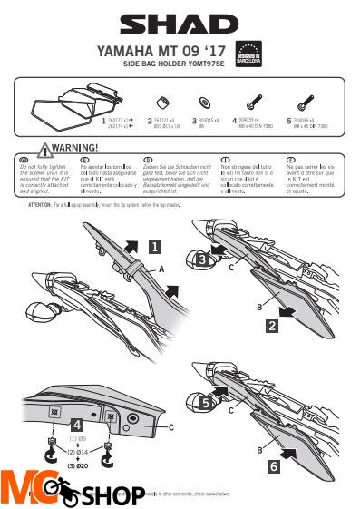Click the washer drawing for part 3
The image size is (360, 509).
pyautogui.click(x=204, y=100)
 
